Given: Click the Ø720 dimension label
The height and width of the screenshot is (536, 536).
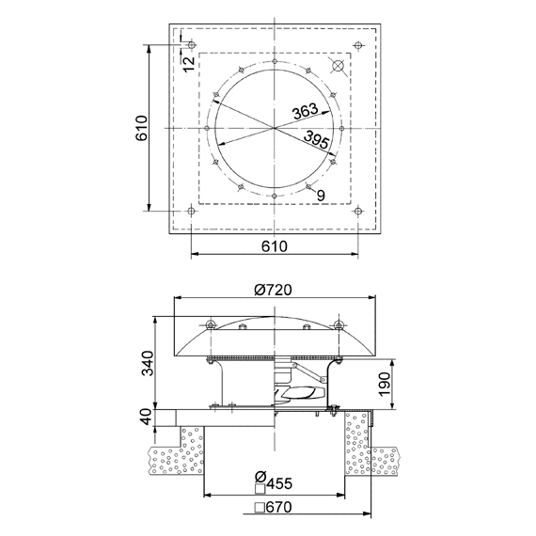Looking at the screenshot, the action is pyautogui.click(x=273, y=290).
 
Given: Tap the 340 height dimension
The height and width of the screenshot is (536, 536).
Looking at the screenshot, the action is pyautogui.click(x=148, y=363).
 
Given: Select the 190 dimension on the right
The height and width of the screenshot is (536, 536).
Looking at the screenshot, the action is pyautogui.click(x=385, y=384).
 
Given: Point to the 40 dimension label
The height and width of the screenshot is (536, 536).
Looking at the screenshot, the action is pyautogui.click(x=147, y=417).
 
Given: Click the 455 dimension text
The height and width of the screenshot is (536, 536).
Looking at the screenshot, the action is pyautogui.click(x=279, y=483).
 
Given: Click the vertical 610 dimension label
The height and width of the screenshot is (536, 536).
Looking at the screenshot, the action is pyautogui.click(x=141, y=128).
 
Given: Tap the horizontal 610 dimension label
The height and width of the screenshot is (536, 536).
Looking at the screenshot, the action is pyautogui.click(x=275, y=246).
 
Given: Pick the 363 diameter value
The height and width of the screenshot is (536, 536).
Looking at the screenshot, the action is pyautogui.click(x=305, y=111).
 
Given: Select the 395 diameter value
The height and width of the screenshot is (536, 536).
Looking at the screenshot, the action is pyautogui.click(x=317, y=139).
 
